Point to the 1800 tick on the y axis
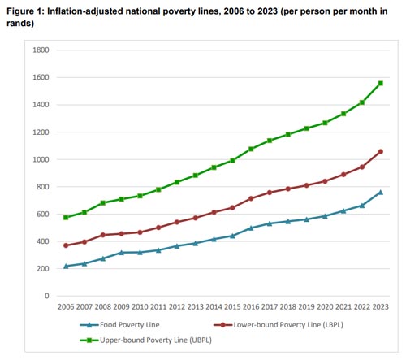[x=41, y=50]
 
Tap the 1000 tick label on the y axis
[x=41, y=159]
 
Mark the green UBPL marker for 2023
[x=380, y=84]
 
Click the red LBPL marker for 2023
[x=380, y=151]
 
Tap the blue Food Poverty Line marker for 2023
[x=380, y=193]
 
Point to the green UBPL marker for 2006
[x=66, y=218]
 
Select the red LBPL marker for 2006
[x=66, y=245]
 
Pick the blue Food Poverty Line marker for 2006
[x=66, y=266]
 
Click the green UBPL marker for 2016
[x=251, y=149]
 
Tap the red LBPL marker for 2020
[x=325, y=181]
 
